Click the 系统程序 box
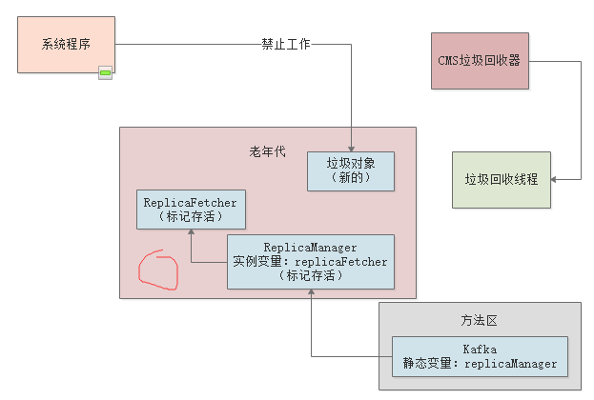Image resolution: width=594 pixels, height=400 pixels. [66, 45]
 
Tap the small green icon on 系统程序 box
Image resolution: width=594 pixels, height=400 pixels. [105, 72]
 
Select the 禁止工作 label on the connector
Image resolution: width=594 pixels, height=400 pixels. [286, 44]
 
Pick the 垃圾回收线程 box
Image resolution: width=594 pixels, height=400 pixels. [501, 179]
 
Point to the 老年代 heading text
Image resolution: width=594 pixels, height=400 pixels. [267, 152]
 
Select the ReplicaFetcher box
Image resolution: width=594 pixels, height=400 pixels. [191, 210]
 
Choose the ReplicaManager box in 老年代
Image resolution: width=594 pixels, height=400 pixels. [310, 262]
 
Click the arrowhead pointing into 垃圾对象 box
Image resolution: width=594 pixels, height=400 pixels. [352, 148]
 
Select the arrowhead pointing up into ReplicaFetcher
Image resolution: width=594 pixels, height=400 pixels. [191, 233]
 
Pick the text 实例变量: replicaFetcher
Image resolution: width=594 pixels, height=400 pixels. [310, 262]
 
